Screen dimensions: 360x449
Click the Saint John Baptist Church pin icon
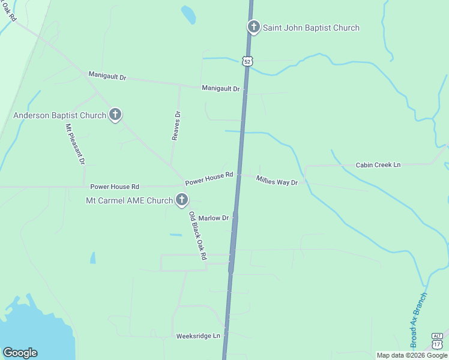click(254, 27)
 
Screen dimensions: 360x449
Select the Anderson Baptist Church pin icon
click(115, 115)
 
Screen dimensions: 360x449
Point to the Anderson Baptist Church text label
click(59, 115)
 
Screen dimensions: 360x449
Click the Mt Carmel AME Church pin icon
click(182, 200)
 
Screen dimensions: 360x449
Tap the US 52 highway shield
click(248, 61)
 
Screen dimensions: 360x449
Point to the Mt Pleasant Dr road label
click(75, 145)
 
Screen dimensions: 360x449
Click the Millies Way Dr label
click(277, 180)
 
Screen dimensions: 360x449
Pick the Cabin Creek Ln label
click(378, 165)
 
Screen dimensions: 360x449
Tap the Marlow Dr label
click(214, 218)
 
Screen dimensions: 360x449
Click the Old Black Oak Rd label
click(197, 236)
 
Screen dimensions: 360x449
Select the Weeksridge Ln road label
click(199, 336)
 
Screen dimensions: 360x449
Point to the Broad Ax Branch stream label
click(419, 320)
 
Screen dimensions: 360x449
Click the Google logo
click(20, 353)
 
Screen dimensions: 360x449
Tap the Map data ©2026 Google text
click(412, 355)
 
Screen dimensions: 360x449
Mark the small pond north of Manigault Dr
click(188, 15)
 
